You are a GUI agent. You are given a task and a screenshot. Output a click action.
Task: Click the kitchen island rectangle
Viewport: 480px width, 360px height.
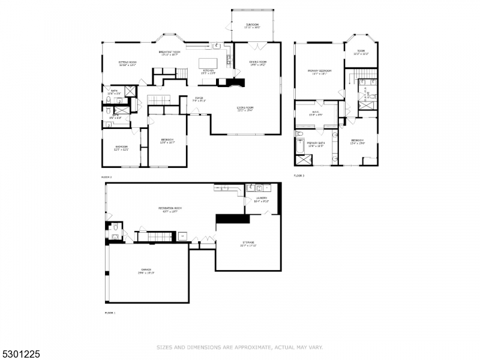coord(207,63)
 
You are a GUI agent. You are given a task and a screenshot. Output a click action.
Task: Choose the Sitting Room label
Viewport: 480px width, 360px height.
coord(128,62)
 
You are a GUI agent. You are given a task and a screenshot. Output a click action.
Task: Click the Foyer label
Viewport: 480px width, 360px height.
coord(199,99)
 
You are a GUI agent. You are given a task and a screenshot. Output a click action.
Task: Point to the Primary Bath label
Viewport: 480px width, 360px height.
coord(316,144)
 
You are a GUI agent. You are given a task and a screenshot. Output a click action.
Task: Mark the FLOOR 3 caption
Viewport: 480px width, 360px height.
coord(299,176)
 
